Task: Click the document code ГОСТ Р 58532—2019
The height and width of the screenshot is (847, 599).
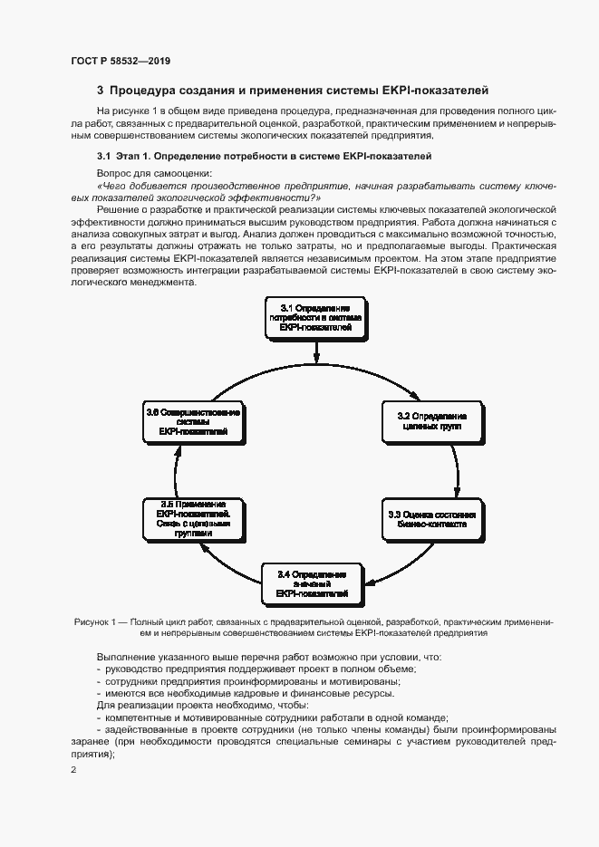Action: (120, 61)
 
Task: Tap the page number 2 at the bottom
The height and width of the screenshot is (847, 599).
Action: (73, 770)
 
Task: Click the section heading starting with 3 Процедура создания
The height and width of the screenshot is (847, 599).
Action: (293, 91)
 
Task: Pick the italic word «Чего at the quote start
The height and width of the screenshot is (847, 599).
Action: (112, 185)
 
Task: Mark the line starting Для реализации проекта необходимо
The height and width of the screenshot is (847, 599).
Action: (201, 705)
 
